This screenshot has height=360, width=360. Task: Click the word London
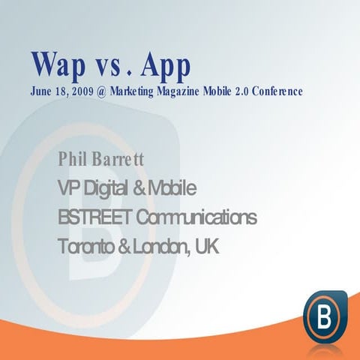click(160, 245)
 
